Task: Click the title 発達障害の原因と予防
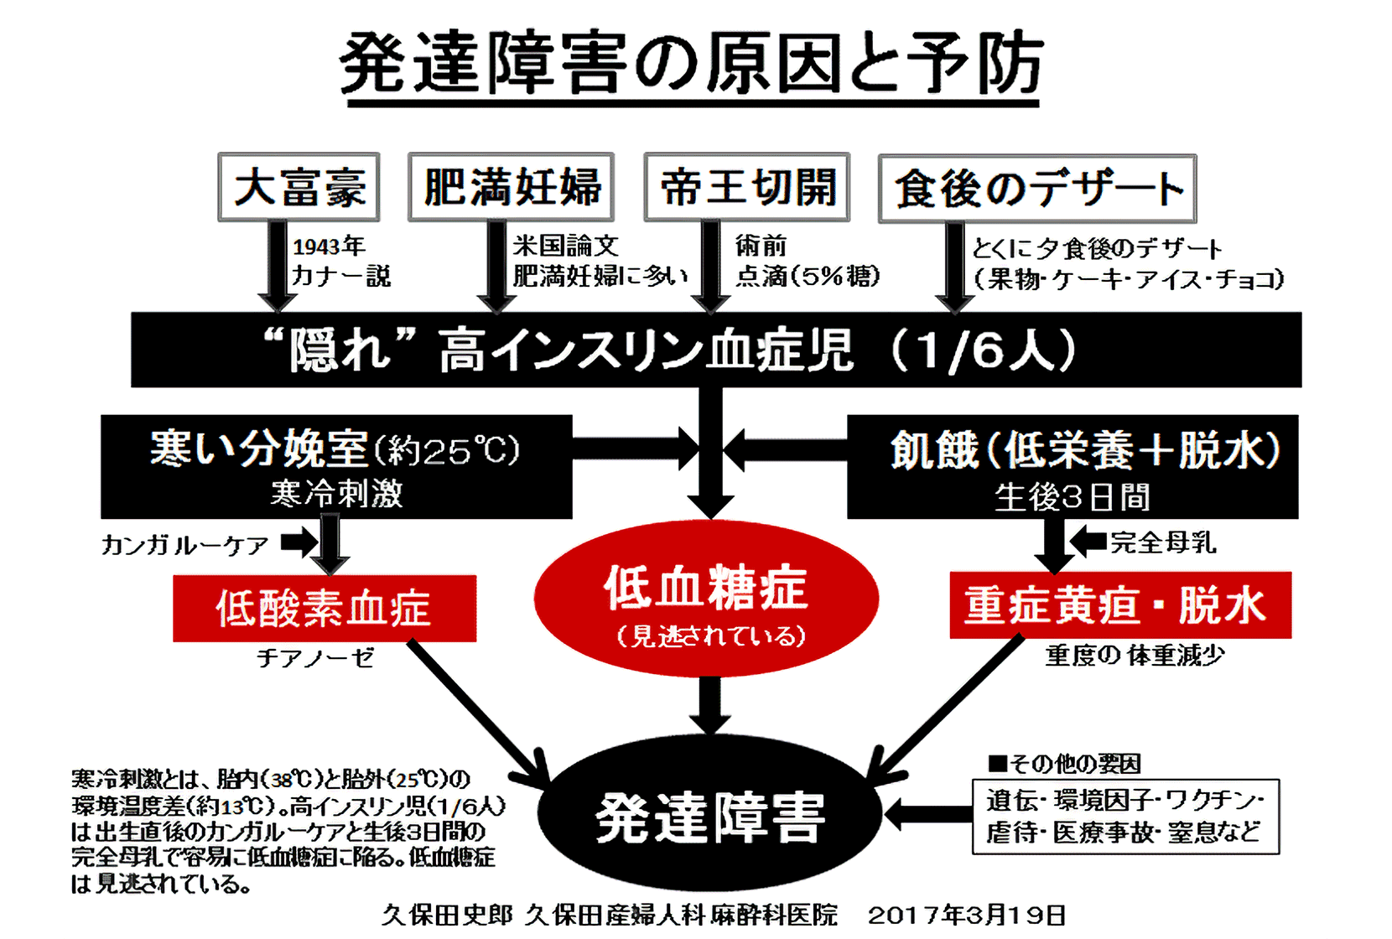point(692,64)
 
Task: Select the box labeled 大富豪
point(299,187)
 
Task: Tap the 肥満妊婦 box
point(511,187)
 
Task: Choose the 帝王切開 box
point(746,187)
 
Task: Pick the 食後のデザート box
point(1037,189)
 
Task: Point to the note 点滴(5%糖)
point(808,276)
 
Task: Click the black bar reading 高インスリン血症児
point(715,350)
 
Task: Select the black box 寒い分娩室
point(336,466)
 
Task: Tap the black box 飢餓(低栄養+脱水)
point(1073,466)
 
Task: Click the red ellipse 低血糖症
point(706,599)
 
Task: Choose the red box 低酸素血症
point(325,608)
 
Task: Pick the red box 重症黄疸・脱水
point(1119,605)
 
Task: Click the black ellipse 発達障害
point(709,817)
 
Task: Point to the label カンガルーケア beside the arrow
point(184,545)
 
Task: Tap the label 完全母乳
point(1163,542)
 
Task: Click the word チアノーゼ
point(315,658)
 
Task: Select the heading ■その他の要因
point(1064,764)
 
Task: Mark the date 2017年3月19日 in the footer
point(966,915)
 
